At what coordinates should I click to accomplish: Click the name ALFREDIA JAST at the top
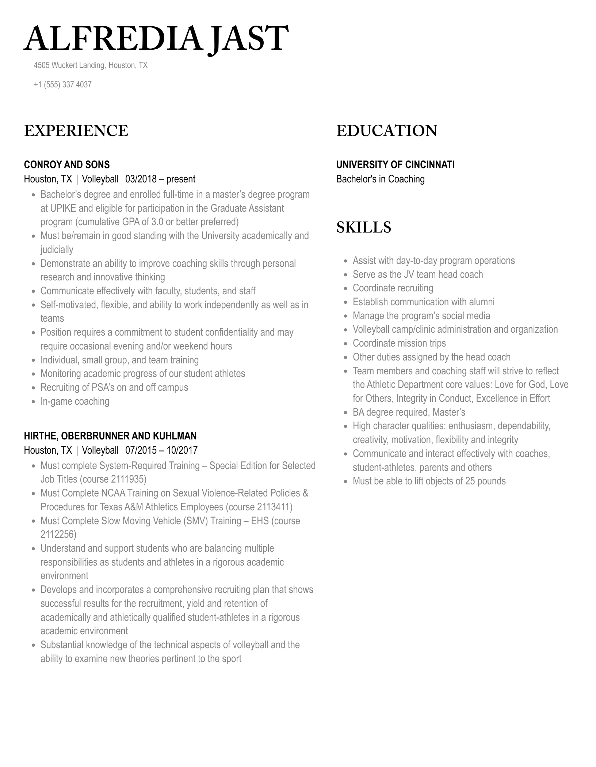point(156,38)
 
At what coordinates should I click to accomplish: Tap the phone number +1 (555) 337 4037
point(62,84)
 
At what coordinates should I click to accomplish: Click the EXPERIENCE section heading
point(76,131)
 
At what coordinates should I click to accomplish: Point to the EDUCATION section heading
point(386,131)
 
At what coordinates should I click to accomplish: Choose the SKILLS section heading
point(363,227)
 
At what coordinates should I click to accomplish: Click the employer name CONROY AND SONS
point(67,165)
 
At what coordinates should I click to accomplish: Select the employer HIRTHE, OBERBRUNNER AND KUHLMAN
point(110,436)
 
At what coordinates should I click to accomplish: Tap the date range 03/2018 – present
point(160,179)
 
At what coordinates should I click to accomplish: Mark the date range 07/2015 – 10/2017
point(161,450)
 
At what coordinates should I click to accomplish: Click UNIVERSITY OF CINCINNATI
point(395,165)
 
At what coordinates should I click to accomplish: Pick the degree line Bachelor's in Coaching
point(380,179)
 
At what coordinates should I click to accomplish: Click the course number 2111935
point(128,479)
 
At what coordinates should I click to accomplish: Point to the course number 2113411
point(274,507)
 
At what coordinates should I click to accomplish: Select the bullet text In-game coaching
point(75,401)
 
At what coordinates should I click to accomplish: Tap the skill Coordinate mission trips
point(399,343)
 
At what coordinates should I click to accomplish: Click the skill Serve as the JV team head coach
point(417,275)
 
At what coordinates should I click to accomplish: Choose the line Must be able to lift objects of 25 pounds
point(429,481)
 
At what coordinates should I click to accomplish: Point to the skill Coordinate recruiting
point(393,288)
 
